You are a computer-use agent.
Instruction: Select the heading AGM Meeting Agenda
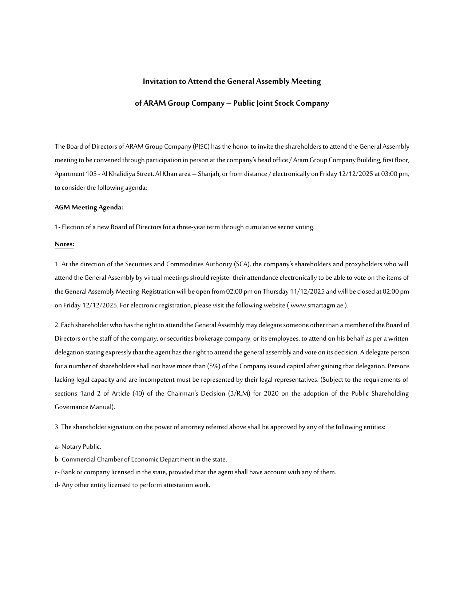coord(89,208)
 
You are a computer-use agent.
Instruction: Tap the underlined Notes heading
coord(64,244)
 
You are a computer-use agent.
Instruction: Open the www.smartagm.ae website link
coord(317,305)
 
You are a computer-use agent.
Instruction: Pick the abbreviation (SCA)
coord(242,264)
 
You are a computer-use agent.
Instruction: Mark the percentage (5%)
coord(214,366)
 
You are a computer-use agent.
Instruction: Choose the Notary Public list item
coord(78,447)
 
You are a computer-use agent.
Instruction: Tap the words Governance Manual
coord(84,407)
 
